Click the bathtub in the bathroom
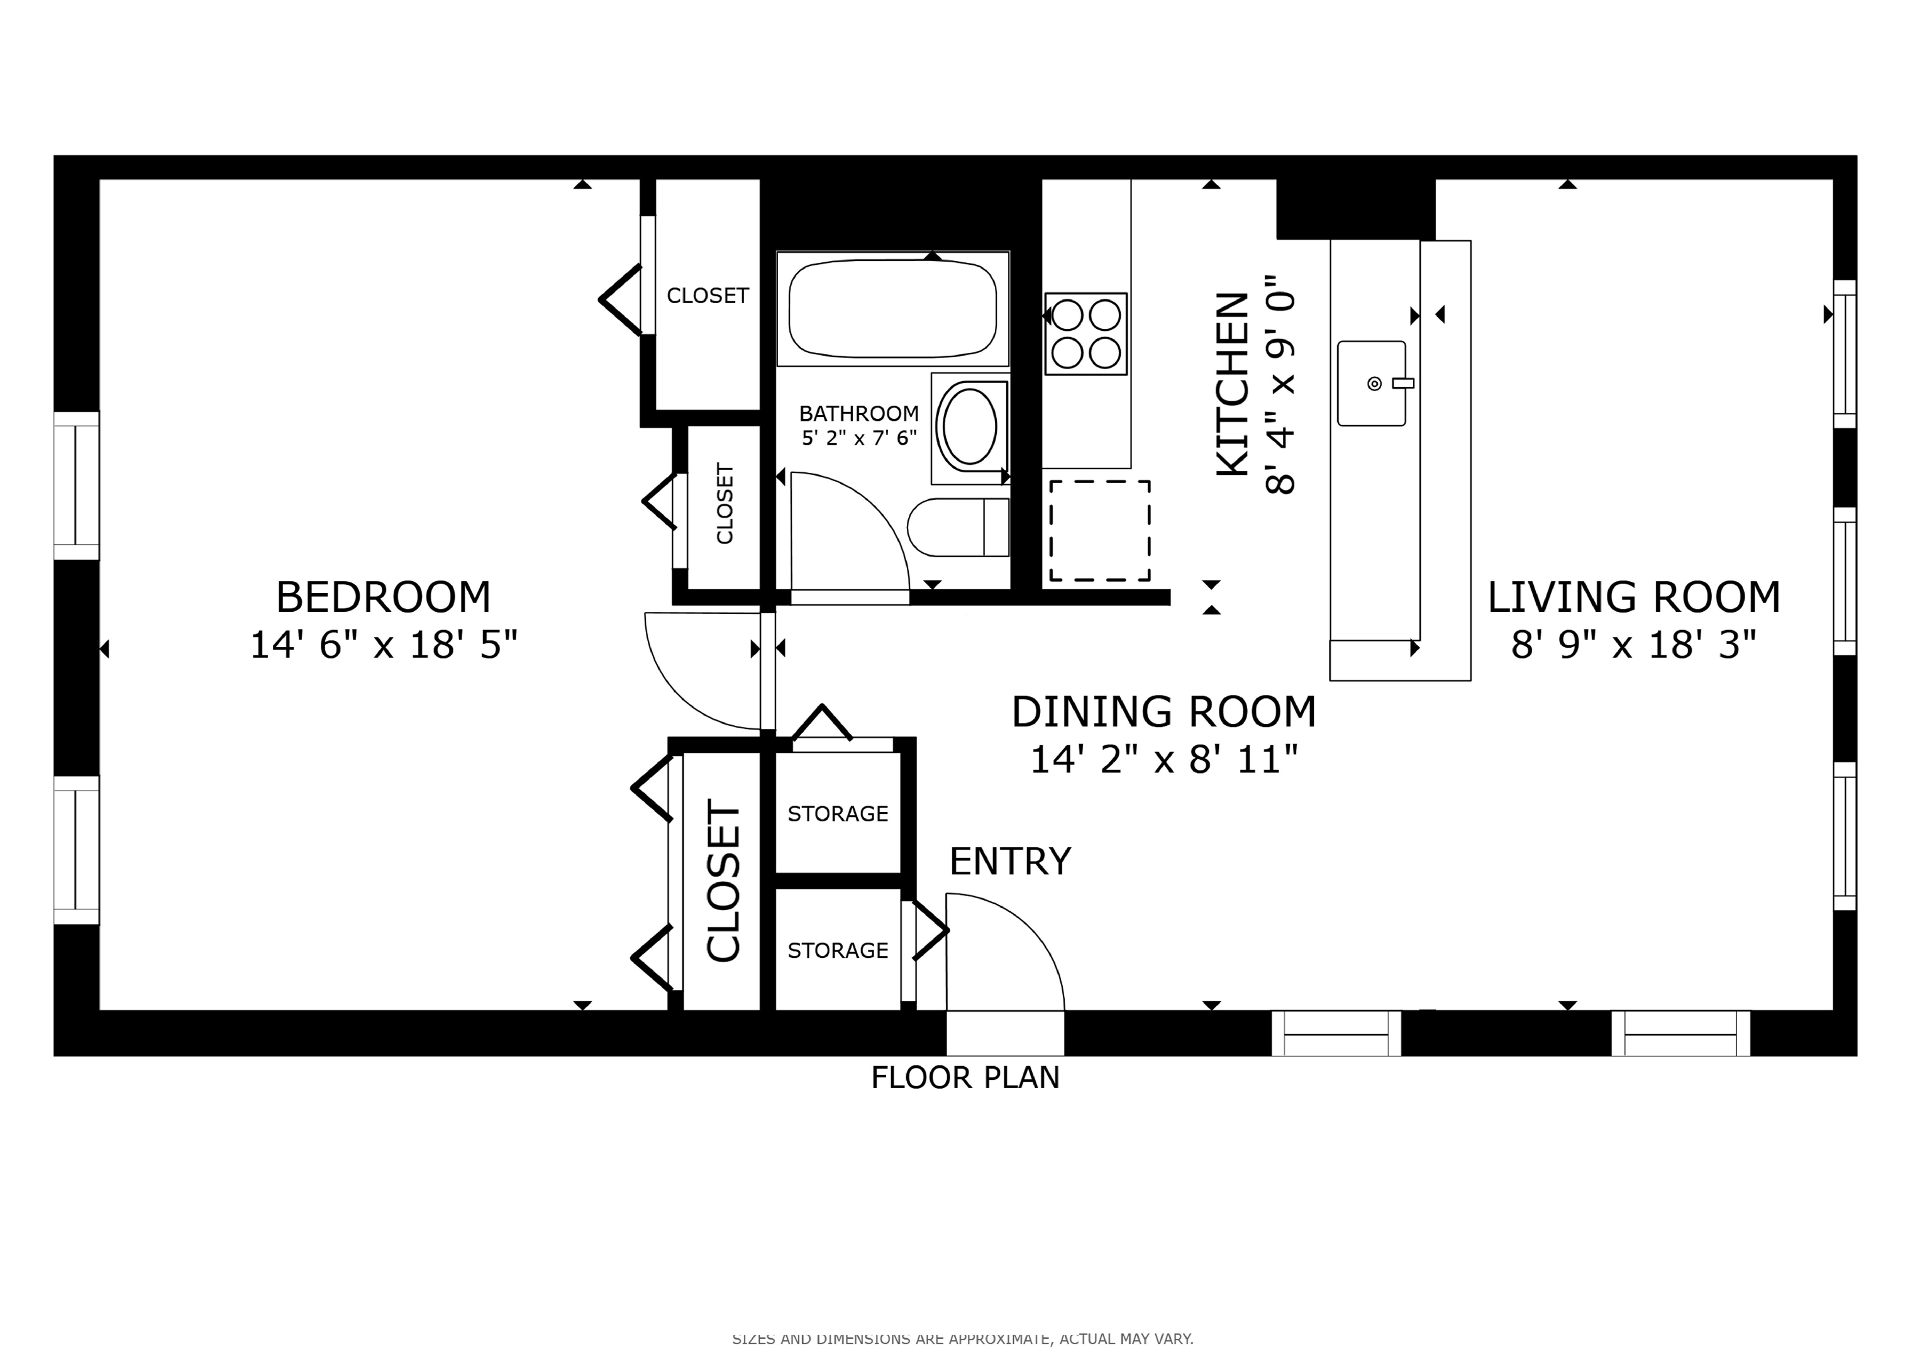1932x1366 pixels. coord(893,308)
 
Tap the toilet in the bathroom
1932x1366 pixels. coord(958,528)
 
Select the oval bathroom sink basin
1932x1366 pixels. coord(970,426)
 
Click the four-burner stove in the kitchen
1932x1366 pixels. coord(1085,334)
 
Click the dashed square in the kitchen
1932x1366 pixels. coord(1100,530)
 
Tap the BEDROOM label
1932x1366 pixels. coord(384,597)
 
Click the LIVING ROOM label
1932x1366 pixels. coord(1634,597)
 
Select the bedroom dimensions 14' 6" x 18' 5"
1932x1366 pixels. coord(384,645)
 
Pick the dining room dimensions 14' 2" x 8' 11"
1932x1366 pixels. coord(1165,760)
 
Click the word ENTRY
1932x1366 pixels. coord(1010,862)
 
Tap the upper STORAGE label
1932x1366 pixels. coord(838,814)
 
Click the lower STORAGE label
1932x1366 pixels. coord(838,950)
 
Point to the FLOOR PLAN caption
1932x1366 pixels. coord(965,1077)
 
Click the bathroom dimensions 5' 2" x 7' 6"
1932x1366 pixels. coord(859,438)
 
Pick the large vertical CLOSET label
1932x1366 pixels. coord(723,880)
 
